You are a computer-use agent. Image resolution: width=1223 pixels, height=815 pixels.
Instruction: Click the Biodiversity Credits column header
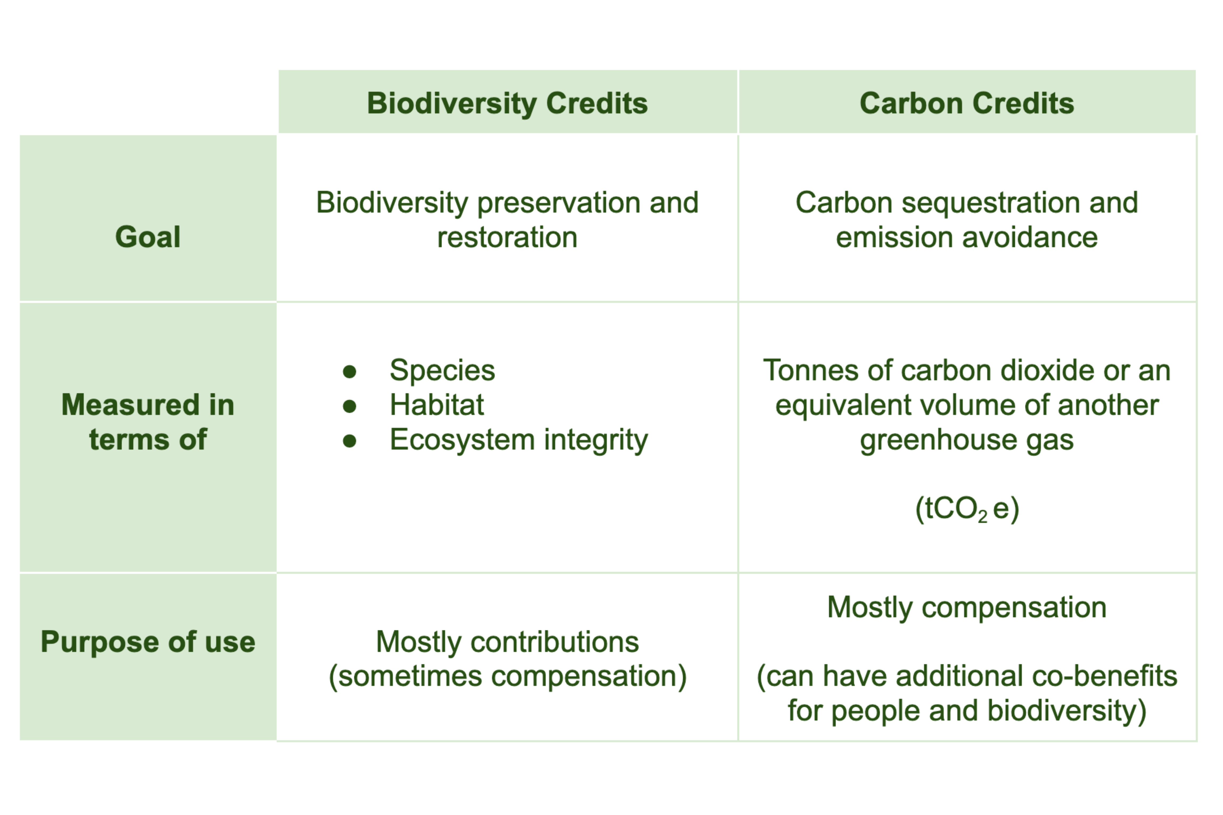[x=507, y=103]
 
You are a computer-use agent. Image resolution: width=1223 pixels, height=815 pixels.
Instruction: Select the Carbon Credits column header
[x=967, y=103]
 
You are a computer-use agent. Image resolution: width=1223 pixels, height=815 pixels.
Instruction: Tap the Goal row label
[x=148, y=237]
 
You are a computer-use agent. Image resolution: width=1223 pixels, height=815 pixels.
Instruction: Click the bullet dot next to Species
[x=350, y=371]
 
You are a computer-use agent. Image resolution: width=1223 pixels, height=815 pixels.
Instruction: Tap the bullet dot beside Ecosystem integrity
[x=350, y=441]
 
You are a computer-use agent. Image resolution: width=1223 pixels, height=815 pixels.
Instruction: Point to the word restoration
[x=507, y=238]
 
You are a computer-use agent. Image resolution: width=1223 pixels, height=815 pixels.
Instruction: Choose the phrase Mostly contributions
[x=507, y=642]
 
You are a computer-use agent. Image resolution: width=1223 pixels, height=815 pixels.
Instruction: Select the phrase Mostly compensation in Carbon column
[x=967, y=607]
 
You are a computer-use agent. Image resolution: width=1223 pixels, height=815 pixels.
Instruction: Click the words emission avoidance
[x=967, y=238]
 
